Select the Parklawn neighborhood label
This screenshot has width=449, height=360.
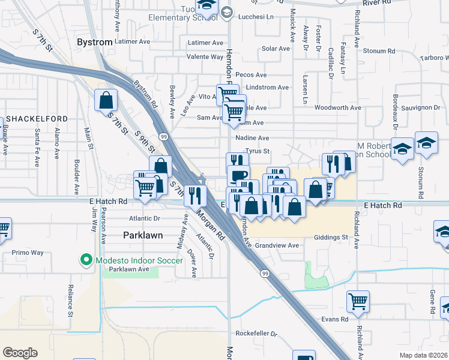(143, 235)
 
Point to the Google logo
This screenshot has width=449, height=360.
(20, 353)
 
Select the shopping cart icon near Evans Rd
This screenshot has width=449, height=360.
(358, 301)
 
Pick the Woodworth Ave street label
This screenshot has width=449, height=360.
(337, 108)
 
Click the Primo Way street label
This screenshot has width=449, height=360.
(29, 253)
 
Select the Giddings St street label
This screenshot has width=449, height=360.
(331, 238)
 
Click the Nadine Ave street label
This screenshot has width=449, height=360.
(252, 137)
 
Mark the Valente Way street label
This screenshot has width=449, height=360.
(205, 57)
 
